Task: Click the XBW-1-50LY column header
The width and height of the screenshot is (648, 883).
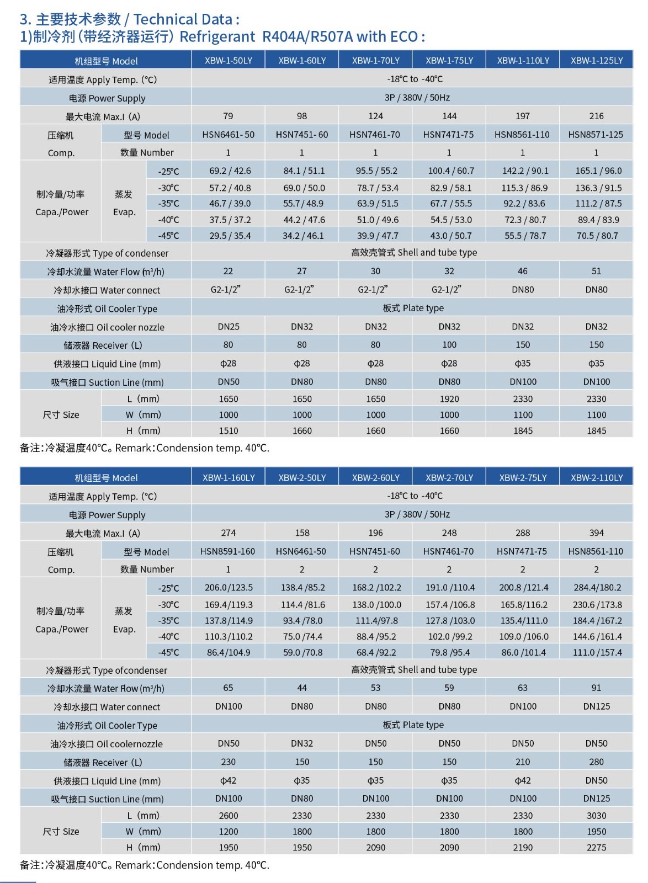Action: coord(228,60)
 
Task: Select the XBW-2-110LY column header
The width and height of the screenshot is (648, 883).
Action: coord(596,477)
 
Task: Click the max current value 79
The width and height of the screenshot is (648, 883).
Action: coord(228,116)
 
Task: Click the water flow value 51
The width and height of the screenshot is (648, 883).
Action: coord(596,271)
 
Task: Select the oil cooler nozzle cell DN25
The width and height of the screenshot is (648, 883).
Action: coord(229,327)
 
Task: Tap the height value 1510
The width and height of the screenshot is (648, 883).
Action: coord(229,430)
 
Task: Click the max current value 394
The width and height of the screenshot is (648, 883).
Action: coord(596,533)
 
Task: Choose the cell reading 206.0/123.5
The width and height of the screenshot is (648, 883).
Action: coord(229,588)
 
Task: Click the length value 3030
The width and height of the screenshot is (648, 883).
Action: coord(596,816)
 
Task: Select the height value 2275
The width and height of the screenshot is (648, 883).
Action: coord(596,847)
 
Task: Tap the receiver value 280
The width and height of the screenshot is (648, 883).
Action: coord(596,762)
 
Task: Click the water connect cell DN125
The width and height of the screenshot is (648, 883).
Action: coord(596,706)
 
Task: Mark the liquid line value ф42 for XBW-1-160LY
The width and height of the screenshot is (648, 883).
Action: coord(229,780)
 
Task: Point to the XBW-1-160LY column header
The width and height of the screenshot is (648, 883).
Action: coord(229,477)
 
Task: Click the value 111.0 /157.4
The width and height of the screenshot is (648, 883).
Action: coord(597,652)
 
